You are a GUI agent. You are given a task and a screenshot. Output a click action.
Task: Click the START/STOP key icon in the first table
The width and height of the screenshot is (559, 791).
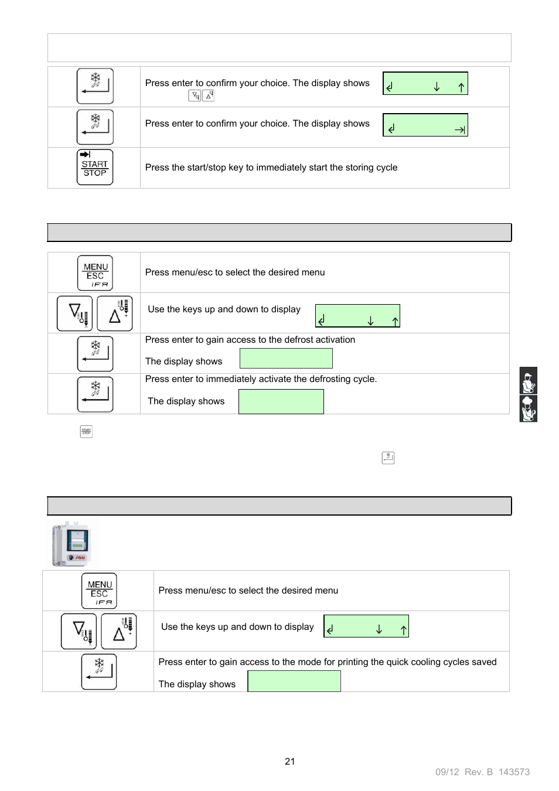tap(94, 168)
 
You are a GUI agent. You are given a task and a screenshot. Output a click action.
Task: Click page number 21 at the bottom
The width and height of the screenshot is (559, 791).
tap(289, 761)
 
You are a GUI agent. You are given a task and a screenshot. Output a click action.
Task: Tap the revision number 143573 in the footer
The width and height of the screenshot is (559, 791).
tap(514, 772)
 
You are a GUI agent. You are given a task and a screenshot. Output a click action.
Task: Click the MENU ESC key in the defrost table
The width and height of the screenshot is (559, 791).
tap(95, 272)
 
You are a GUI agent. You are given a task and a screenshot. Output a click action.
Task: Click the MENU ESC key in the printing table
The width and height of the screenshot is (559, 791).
tap(99, 591)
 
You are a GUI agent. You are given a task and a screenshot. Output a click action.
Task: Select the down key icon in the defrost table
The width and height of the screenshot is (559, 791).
tap(74, 313)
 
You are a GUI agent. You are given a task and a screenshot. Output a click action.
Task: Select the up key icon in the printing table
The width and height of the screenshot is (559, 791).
tap(119, 632)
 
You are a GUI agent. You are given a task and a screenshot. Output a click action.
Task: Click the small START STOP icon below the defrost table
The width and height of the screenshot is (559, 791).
tap(86, 432)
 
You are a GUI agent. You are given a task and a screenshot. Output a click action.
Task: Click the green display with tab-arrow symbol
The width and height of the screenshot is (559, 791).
tap(425, 125)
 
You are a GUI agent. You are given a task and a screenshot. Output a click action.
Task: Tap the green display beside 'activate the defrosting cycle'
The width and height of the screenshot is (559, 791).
tap(281, 401)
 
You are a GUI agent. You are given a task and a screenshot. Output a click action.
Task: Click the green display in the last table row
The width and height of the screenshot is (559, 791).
tap(294, 681)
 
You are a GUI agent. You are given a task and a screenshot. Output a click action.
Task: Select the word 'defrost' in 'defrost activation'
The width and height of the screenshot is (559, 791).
tap(299, 340)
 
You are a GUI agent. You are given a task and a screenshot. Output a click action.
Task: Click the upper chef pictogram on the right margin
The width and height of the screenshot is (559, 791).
tap(528, 381)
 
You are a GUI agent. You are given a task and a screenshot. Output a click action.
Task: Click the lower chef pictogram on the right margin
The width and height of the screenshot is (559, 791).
tap(528, 409)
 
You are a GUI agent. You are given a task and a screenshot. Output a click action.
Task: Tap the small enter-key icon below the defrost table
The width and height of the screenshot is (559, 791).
tap(388, 458)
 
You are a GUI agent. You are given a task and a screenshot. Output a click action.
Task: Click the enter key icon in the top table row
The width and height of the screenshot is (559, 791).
tap(94, 86)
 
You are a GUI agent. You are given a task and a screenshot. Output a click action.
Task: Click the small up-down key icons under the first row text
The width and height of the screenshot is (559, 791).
tap(202, 96)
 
